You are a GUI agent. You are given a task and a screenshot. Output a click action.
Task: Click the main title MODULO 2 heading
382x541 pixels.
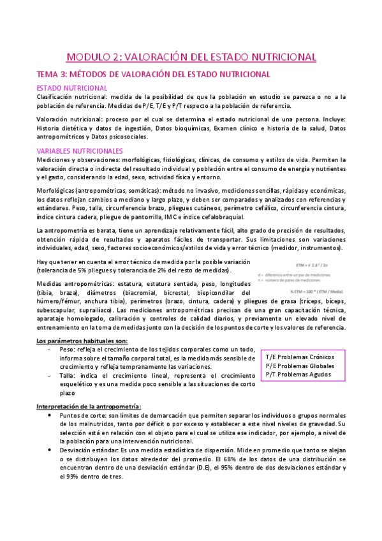click(191, 57)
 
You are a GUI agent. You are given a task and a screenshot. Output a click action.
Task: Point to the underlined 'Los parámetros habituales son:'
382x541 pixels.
click(85, 341)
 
